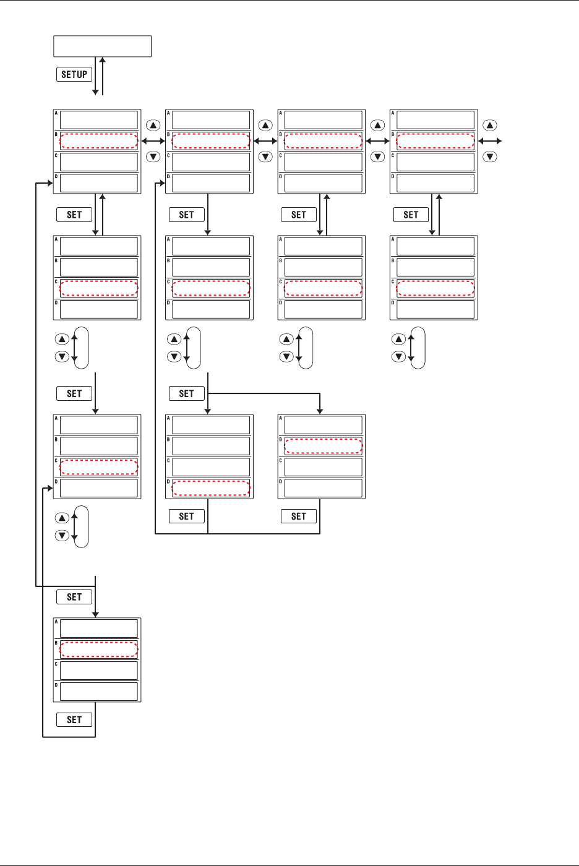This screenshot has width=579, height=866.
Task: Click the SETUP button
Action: pyautogui.click(x=74, y=74)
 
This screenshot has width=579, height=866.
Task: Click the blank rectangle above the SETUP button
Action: pyautogui.click(x=103, y=46)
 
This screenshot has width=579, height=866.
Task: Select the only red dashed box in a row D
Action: pyautogui.click(x=210, y=488)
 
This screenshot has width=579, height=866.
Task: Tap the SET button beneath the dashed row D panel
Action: pyautogui.click(x=186, y=516)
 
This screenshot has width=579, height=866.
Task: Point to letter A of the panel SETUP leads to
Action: pyautogui.click(x=56, y=113)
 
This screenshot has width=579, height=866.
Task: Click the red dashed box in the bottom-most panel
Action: pyautogui.click(x=98, y=649)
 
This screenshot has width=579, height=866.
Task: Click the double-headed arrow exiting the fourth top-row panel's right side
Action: pyautogui.click(x=489, y=141)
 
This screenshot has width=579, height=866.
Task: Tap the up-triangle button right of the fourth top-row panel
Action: pyautogui.click(x=490, y=126)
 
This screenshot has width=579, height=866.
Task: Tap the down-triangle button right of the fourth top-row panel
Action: pyautogui.click(x=490, y=156)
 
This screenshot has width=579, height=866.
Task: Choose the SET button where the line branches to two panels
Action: pyautogui.click(x=186, y=393)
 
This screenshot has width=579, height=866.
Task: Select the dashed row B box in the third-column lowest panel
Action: pyautogui.click(x=323, y=446)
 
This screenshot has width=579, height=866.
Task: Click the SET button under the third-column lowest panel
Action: pyautogui.click(x=299, y=516)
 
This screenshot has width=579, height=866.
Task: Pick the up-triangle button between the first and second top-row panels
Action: pyautogui.click(x=153, y=126)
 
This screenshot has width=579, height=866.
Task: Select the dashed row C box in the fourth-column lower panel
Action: pyautogui.click(x=435, y=288)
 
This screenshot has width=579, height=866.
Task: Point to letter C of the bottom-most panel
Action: pyautogui.click(x=56, y=664)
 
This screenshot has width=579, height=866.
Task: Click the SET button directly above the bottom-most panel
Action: pyautogui.click(x=74, y=597)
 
